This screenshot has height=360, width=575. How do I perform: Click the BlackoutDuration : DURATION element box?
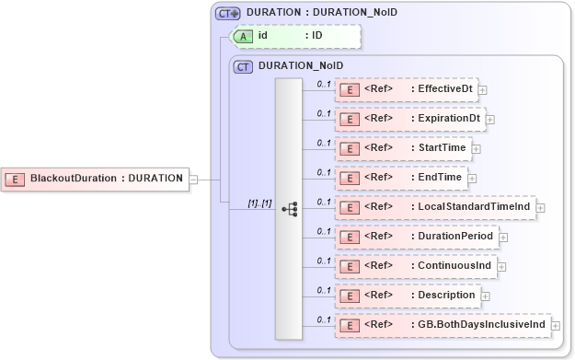point(96,178)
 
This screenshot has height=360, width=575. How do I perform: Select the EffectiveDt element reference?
point(405,89)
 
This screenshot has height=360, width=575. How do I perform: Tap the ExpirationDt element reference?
point(408,119)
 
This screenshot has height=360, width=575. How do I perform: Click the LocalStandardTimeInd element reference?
point(434,207)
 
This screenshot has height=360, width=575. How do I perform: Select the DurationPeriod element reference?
point(416,237)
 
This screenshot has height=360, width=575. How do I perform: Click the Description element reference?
point(407,296)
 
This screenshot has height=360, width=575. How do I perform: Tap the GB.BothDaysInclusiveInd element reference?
point(442,325)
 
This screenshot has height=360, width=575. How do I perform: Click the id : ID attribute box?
point(294,36)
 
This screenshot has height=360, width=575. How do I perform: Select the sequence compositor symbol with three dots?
point(289,208)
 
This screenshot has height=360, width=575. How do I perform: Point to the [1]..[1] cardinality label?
point(259,202)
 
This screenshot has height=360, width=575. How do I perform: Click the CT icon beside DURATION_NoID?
point(244,66)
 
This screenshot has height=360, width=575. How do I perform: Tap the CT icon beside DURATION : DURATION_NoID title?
point(227,13)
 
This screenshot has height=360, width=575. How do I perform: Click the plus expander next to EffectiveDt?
point(482,90)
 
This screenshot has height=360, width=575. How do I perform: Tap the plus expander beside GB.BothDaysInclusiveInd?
point(556,326)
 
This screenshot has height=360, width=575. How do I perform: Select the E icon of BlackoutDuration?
point(16,178)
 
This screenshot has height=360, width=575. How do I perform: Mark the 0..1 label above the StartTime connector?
point(323,143)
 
